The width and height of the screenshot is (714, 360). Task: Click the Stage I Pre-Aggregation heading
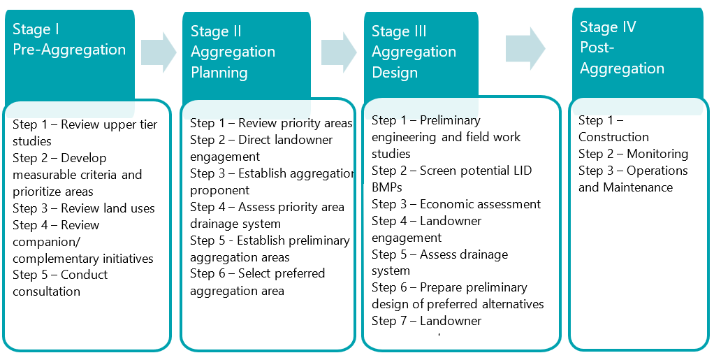click(69, 40)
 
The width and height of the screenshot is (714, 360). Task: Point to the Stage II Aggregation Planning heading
click(233, 52)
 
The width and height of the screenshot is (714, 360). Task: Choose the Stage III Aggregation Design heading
click(414, 52)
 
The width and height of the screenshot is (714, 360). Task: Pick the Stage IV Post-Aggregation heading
click(622, 48)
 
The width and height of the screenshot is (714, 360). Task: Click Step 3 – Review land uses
click(84, 208)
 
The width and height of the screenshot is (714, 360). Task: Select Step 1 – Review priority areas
click(271, 123)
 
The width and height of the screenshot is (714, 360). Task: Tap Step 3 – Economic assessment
click(456, 204)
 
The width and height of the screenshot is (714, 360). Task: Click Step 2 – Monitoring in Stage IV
click(633, 154)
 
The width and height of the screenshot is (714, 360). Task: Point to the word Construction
click(613, 137)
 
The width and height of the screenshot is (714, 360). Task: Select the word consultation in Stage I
click(46, 291)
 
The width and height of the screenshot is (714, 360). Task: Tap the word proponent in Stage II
click(219, 190)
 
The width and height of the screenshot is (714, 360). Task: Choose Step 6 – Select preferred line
click(257, 273)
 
